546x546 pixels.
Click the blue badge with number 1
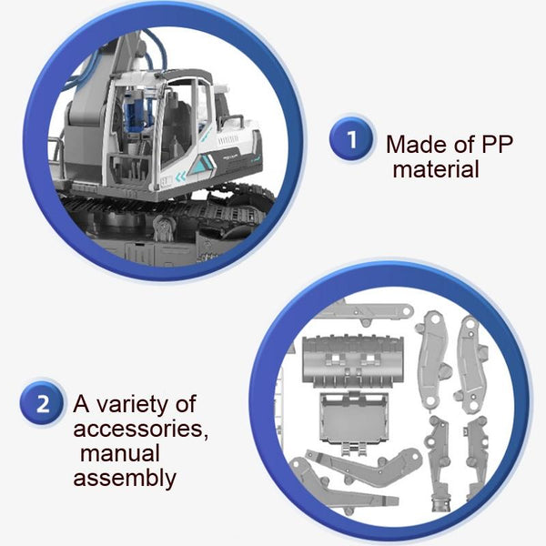[x=351, y=139]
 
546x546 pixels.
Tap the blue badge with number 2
[x=43, y=404]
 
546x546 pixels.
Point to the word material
[x=436, y=169]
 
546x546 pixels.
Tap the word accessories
[x=141, y=429]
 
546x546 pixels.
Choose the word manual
[x=120, y=453]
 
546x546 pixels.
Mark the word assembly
[x=125, y=479]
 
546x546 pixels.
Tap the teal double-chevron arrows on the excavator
[x=181, y=177]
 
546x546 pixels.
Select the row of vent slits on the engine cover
[x=228, y=141]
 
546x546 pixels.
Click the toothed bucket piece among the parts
[x=353, y=361]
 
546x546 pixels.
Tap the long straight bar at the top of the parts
[x=366, y=310]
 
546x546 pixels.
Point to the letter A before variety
[x=82, y=404]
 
